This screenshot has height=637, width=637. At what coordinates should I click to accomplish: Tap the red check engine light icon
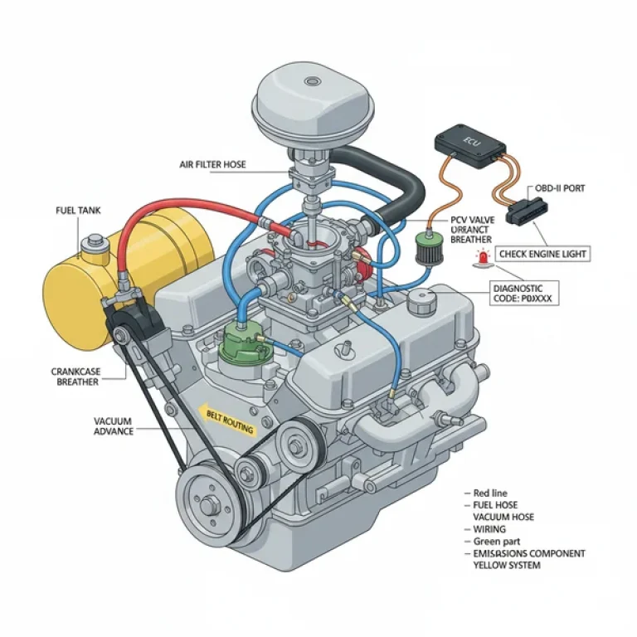tap(481, 259)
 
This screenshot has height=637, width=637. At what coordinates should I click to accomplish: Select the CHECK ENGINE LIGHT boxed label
tap(543, 255)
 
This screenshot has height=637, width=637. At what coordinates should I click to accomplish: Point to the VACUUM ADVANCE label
tap(113, 426)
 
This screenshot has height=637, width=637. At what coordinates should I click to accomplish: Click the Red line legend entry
tap(489, 493)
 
